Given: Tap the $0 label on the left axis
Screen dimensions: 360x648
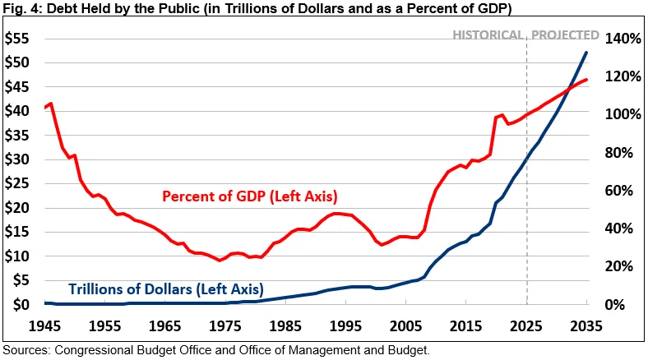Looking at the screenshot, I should (21, 305).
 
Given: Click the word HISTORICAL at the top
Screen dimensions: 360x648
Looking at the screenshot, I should (488, 35).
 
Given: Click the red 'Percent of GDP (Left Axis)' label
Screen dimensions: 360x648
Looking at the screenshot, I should (250, 197).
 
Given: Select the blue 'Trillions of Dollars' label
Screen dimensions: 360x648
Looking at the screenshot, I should (165, 289).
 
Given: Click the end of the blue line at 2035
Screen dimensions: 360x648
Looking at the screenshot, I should (586, 53).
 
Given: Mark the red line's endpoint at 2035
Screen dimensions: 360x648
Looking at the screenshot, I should (586, 80).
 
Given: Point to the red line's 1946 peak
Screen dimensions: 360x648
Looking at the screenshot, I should (51, 104).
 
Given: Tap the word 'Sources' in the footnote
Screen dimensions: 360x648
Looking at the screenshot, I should (27, 350).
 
